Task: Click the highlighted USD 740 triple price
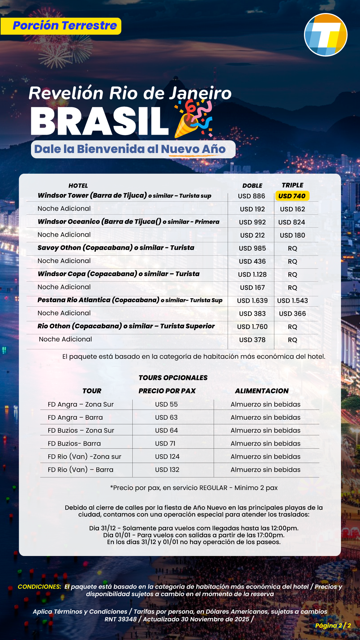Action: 292,196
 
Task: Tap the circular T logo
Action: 326,35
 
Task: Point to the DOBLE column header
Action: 252,186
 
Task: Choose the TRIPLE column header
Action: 292,185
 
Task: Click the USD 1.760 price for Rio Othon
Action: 252,327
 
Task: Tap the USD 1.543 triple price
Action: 292,301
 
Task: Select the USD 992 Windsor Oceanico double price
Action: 252,222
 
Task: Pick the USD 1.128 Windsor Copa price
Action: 252,275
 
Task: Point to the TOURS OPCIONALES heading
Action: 173,378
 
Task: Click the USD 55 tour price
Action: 166,404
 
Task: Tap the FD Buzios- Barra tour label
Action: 74,444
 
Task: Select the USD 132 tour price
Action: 167,470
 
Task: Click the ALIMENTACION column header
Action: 262,391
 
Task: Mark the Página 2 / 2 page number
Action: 333,626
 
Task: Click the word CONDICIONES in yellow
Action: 39,587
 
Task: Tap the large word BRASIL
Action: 99,121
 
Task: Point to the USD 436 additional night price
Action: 252,262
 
